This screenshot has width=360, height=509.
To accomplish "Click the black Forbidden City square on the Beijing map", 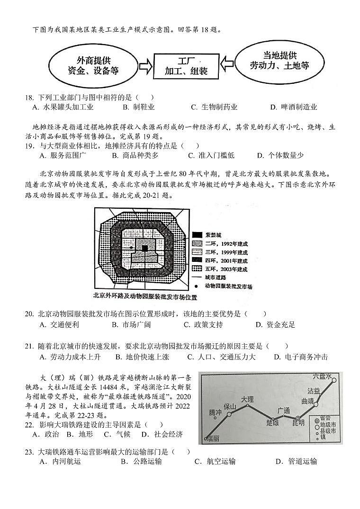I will coord(145,248).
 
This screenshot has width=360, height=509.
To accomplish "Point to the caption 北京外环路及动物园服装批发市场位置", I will coord(144,297).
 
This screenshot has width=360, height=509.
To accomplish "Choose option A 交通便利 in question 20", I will coord(59,324).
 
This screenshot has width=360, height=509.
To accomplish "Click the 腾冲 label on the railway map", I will coord(215,412).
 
